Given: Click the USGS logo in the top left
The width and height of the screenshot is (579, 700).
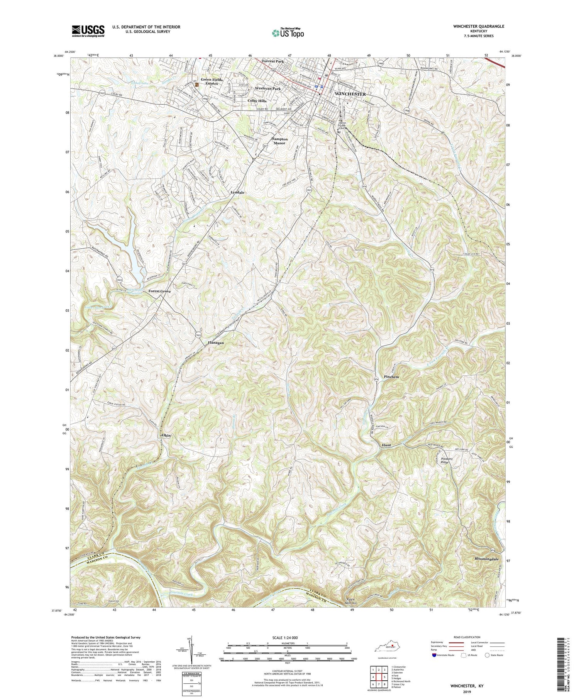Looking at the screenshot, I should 88,31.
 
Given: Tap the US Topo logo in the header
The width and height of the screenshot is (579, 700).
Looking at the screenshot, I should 287,33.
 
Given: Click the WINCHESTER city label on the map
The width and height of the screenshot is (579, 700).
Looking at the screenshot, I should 350,94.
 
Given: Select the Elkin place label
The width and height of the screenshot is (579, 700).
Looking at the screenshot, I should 166,435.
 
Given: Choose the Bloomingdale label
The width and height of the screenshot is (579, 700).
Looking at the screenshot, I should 486,559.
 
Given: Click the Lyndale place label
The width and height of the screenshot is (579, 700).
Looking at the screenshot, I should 238,192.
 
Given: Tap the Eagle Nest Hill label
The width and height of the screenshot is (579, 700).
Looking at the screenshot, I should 352,601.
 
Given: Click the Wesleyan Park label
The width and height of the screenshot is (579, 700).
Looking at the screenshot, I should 267,88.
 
